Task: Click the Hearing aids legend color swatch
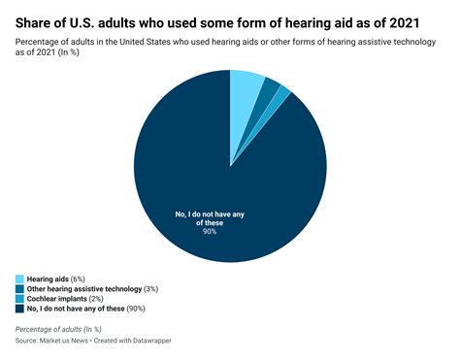pyautogui.click(x=19, y=278)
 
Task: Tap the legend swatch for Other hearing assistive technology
pyautogui.click(x=19, y=288)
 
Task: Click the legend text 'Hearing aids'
pyautogui.click(x=54, y=278)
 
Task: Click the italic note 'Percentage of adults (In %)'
pyautogui.click(x=71, y=330)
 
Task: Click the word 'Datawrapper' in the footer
pyautogui.click(x=179, y=343)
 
